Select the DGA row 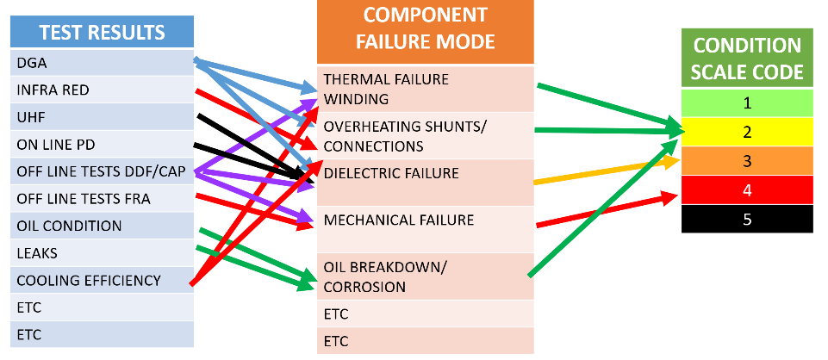tap(34, 63)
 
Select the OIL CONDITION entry tap(69, 227)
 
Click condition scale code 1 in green tap(748, 102)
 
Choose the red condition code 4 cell tap(748, 189)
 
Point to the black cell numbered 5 tap(748, 219)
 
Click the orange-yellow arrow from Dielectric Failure tap(603, 171)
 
